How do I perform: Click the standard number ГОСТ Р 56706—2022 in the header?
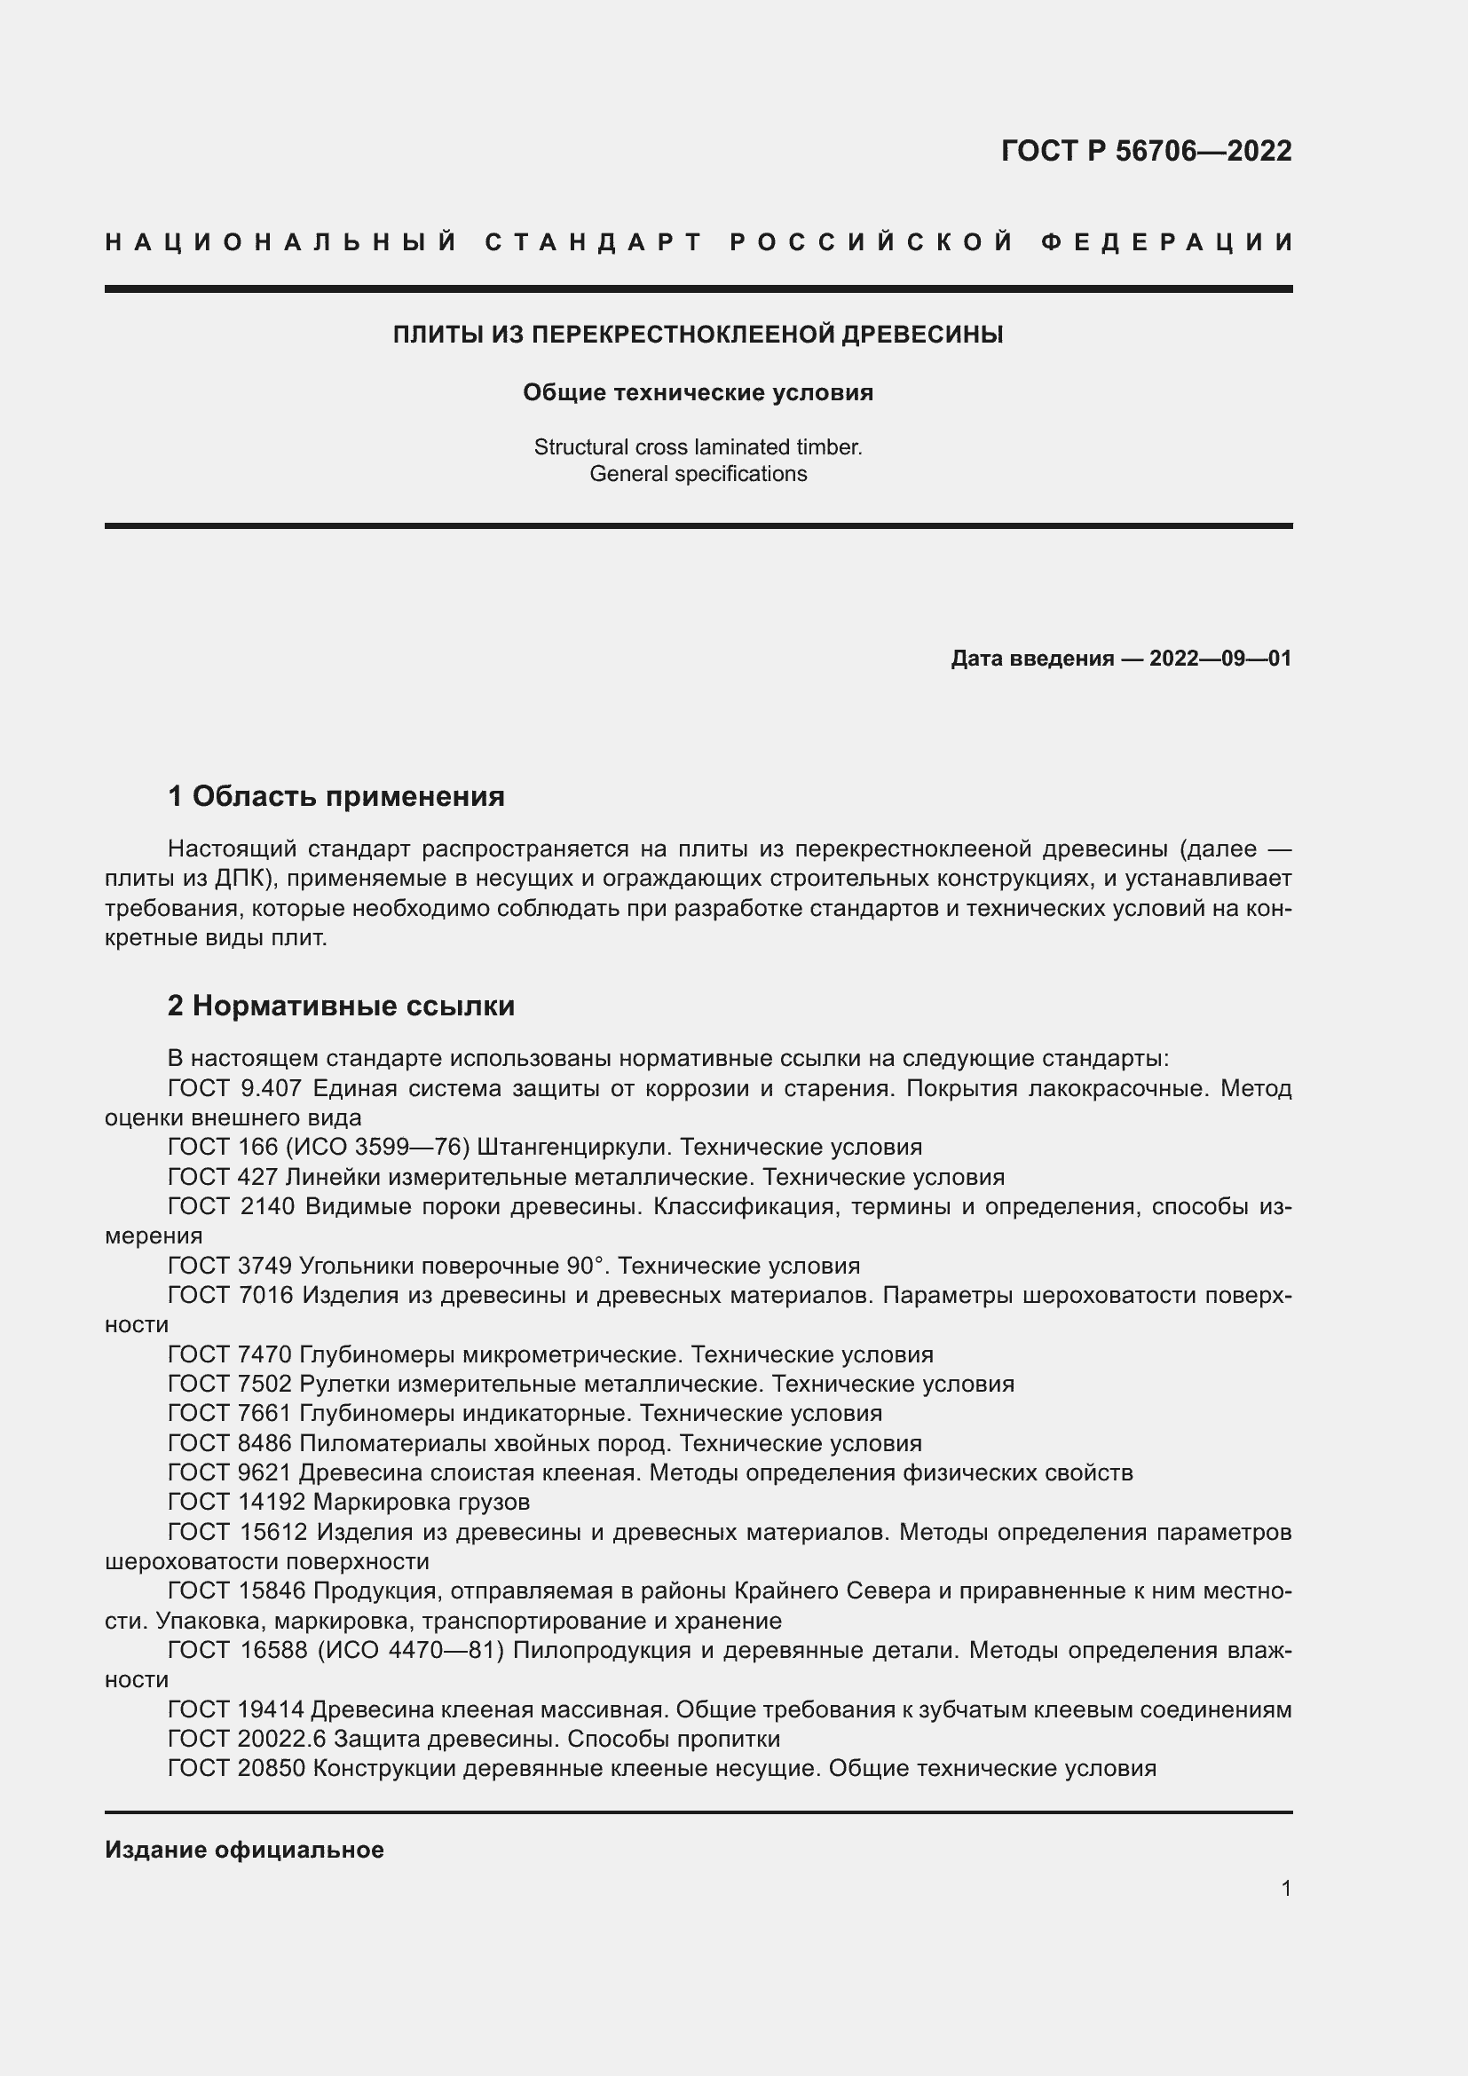tap(1145, 151)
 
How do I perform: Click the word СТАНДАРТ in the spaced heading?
tap(594, 242)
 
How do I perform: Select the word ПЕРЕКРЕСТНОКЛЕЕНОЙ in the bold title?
tap(684, 335)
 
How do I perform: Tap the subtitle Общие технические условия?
tap(698, 392)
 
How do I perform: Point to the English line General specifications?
tap(698, 474)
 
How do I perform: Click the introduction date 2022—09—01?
tap(1219, 659)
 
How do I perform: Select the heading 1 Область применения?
tap(335, 796)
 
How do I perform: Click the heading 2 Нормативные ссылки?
tap(341, 1006)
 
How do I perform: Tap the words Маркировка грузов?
tap(422, 1502)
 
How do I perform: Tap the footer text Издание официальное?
tap(244, 1850)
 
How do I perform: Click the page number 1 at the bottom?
tap(1285, 1888)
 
